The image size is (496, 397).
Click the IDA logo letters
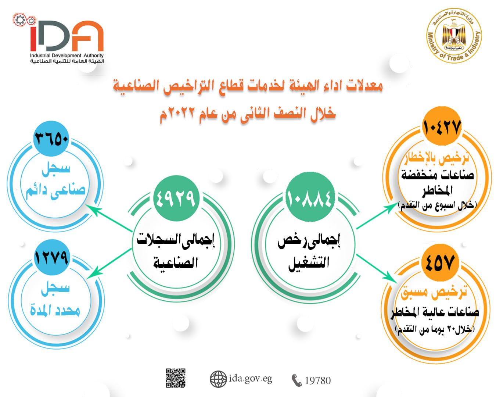67,36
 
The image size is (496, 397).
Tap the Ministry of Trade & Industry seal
454,35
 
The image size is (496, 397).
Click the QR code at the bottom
176,378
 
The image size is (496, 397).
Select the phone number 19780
317,380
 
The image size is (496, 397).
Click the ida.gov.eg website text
250,379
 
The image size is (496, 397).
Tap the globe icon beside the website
218,379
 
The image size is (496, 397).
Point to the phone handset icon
296,380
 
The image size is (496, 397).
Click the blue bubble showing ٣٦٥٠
51,139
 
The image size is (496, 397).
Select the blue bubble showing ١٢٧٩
51,257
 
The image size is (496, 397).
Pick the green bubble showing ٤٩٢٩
176,198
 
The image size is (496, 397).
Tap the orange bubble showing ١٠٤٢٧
442,126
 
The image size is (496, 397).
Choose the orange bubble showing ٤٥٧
440,263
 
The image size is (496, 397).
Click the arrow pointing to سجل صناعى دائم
108,218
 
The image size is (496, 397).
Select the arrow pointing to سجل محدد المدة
109,263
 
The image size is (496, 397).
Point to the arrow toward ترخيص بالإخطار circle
377,216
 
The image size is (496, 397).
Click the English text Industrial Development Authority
67,56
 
